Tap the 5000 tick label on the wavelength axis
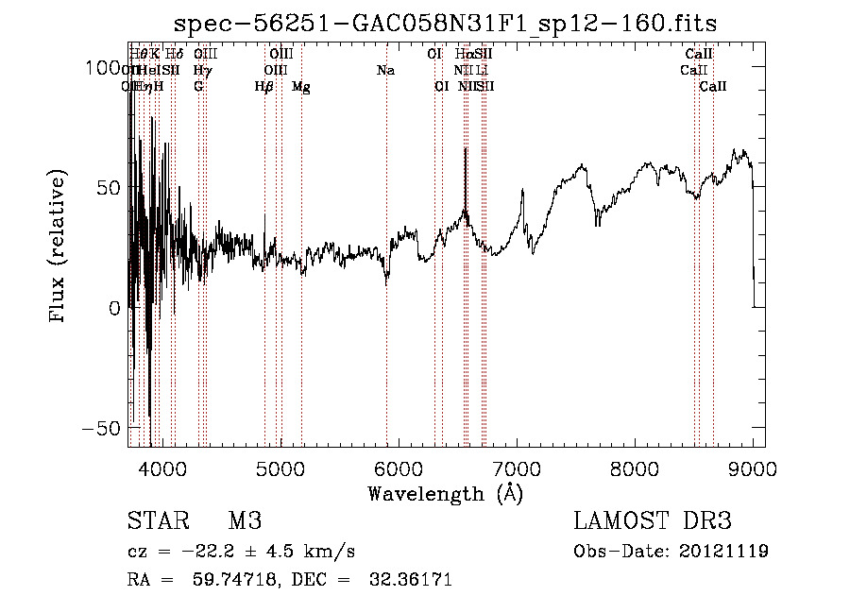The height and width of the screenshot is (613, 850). (280, 469)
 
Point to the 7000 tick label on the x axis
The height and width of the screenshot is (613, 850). (517, 469)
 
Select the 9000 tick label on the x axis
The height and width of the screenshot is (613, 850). (753, 469)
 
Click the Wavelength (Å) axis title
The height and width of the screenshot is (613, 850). (445, 493)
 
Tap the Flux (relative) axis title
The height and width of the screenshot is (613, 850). (59, 247)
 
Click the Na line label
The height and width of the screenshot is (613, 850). (385, 71)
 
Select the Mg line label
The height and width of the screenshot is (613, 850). (301, 87)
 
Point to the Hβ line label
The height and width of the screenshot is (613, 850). (264, 87)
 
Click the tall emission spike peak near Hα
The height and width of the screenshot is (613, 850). (465, 149)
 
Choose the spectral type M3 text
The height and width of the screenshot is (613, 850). (245, 521)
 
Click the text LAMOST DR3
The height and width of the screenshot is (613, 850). (653, 521)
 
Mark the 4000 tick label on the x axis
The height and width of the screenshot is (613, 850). (161, 469)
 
